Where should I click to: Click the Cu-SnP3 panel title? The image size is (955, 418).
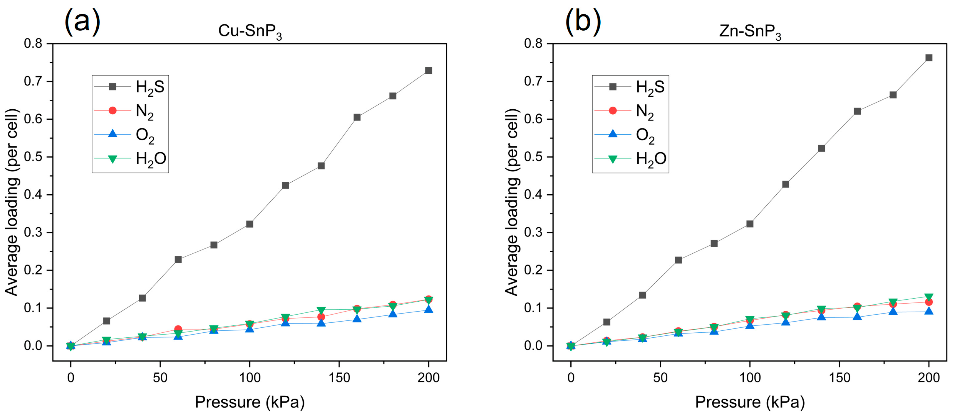point(249,31)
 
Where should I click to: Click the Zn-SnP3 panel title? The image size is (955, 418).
point(750,31)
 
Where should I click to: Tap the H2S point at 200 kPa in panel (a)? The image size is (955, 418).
point(428,71)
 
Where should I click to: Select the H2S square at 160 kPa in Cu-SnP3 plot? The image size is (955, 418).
point(357,117)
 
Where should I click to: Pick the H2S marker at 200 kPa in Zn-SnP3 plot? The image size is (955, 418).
point(928,58)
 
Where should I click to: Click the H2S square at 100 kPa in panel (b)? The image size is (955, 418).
point(750,224)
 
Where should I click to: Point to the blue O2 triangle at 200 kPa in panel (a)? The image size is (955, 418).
point(428,309)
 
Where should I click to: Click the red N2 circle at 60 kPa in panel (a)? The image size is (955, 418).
point(178,329)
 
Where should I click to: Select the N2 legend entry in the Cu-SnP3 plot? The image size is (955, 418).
point(130,111)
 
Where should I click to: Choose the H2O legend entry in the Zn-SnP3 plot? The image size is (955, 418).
point(630,159)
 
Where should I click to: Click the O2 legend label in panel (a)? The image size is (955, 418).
point(145,135)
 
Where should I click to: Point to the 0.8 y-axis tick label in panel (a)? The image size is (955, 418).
point(33,44)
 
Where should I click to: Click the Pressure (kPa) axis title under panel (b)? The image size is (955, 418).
point(750,402)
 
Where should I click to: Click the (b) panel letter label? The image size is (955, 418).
point(583,21)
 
